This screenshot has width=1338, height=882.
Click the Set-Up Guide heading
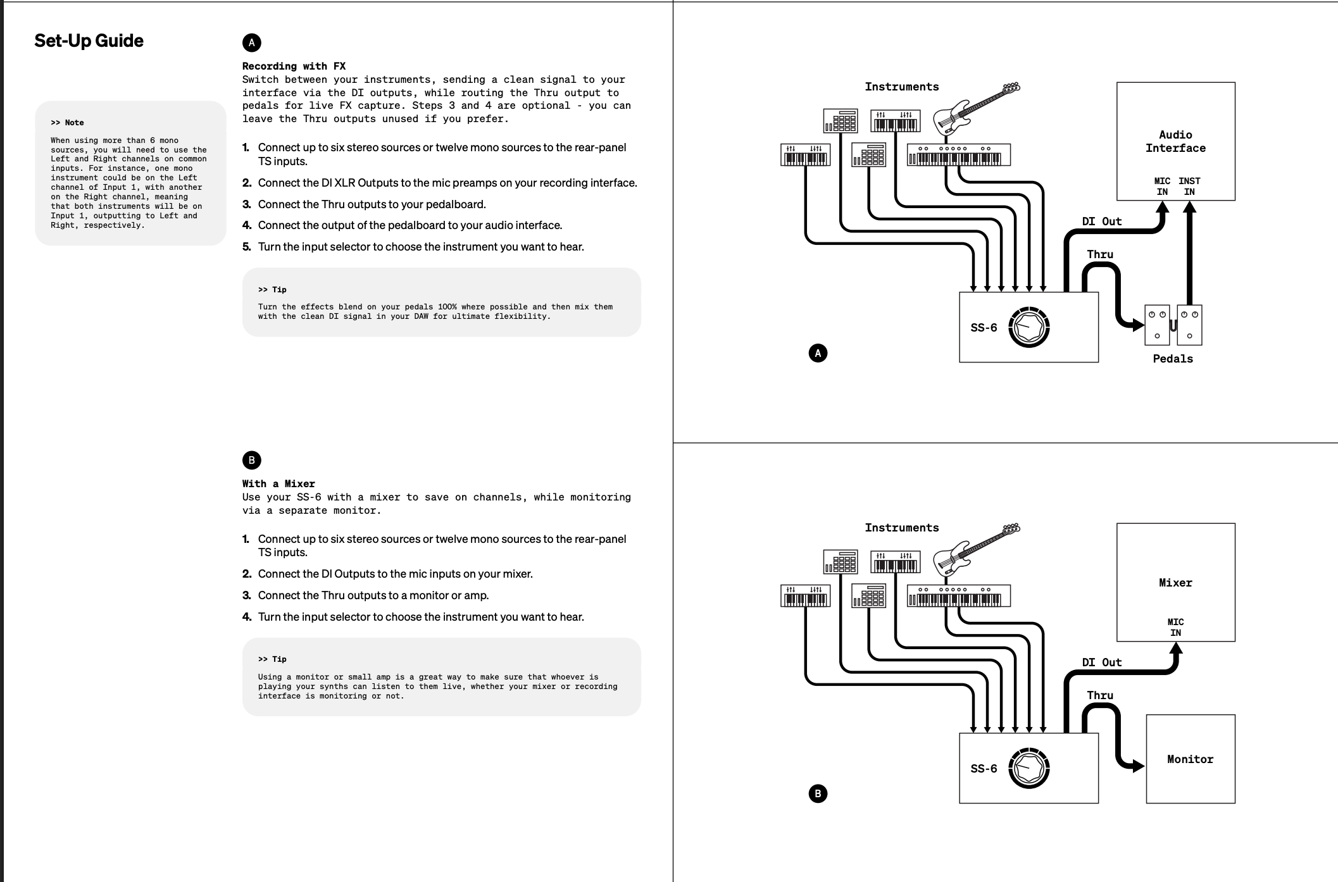[89, 41]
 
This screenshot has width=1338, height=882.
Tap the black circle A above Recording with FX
[251, 42]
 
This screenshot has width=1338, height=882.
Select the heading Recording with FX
[294, 66]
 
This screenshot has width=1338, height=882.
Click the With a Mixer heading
[278, 483]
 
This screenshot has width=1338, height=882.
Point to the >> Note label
[67, 123]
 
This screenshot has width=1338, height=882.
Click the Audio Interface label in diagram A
[1175, 141]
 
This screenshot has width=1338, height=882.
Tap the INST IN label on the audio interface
[1189, 186]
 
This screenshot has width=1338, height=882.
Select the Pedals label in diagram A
[1172, 359]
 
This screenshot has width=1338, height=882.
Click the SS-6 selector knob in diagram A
[1029, 327]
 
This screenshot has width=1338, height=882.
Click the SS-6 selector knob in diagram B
[1029, 768]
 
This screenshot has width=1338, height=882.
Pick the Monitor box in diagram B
[1190, 759]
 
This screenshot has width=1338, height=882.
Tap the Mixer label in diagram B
[1175, 583]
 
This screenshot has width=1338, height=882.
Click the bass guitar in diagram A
[975, 108]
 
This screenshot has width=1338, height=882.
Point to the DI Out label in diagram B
[1101, 662]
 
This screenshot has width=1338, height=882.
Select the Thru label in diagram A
[1100, 254]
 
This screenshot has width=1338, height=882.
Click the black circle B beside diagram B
[818, 793]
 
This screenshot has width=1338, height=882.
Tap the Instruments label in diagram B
[901, 528]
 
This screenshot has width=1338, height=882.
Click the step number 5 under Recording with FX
[246, 247]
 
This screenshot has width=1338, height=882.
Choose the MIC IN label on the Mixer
[1175, 627]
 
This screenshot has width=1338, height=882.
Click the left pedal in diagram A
[1157, 325]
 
